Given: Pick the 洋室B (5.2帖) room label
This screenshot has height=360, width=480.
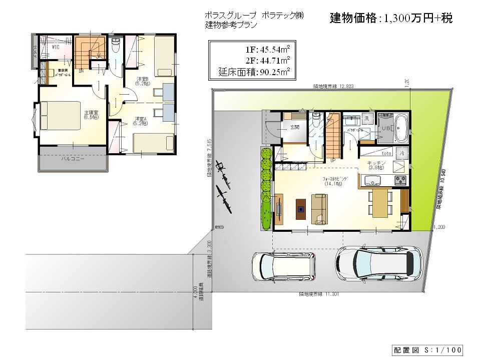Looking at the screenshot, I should [142, 81].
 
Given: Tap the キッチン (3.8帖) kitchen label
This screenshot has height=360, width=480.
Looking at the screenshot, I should [376, 166].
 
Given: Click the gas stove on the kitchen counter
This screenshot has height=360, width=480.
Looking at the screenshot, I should [401, 180].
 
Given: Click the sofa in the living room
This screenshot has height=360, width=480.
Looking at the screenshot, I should [319, 208].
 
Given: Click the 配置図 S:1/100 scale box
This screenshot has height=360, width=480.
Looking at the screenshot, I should [426, 349].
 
